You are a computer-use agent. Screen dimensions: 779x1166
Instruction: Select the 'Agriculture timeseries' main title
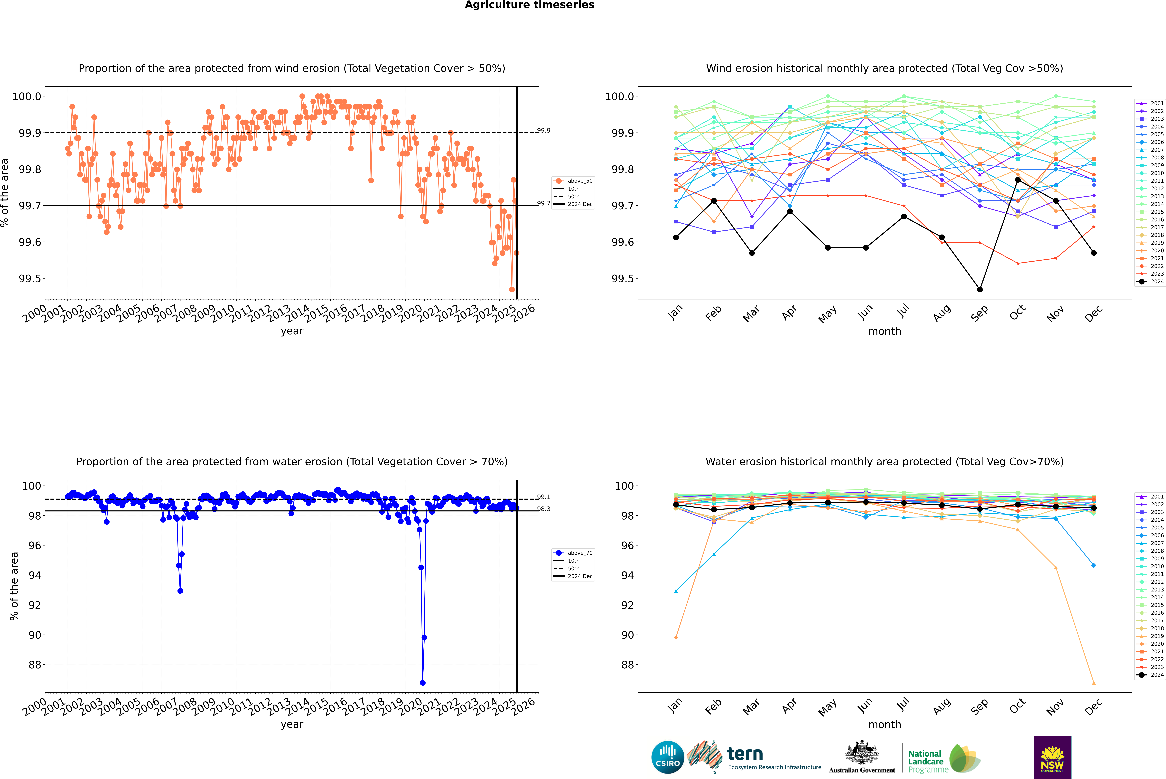(x=529, y=5)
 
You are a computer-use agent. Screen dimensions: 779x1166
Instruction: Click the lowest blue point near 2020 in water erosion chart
(x=422, y=683)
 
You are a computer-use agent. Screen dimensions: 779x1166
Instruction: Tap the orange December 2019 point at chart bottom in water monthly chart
(x=1093, y=683)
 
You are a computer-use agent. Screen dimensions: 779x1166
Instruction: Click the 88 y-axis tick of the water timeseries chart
(x=35, y=665)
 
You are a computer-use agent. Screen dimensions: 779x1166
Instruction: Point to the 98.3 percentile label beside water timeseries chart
(x=544, y=509)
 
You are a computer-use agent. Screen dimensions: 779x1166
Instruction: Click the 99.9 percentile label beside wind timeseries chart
(x=544, y=131)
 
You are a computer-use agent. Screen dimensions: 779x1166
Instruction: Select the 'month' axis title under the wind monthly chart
(x=884, y=331)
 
